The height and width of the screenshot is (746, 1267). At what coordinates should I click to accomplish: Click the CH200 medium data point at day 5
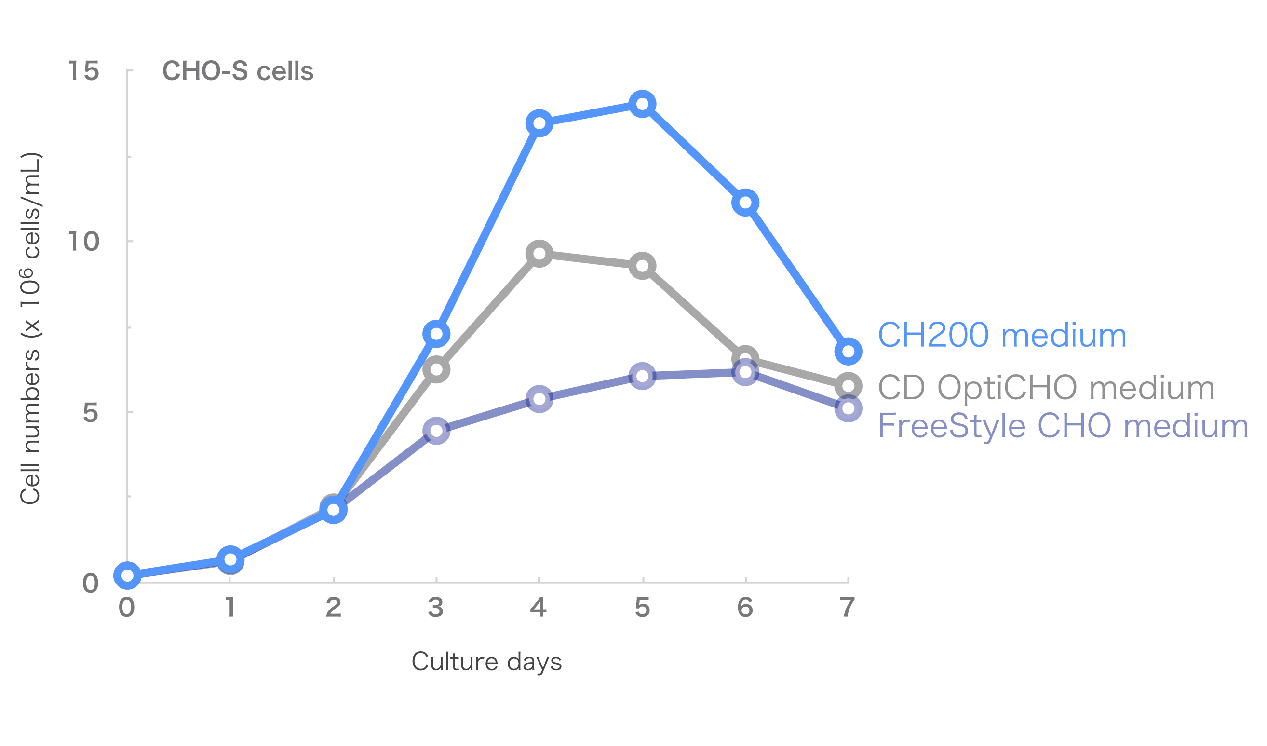[642, 104]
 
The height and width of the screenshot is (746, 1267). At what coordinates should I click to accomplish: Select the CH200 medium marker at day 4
[539, 123]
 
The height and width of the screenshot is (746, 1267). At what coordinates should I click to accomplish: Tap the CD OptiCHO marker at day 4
[539, 254]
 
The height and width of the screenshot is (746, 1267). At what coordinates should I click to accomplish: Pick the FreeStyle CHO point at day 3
[436, 431]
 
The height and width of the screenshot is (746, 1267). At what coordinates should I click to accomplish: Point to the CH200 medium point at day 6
[745, 203]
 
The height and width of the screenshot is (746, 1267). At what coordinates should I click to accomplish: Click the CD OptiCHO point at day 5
[642, 266]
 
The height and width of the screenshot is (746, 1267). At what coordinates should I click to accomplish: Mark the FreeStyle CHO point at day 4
[539, 399]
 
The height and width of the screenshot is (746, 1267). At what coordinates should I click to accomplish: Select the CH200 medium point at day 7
[848, 351]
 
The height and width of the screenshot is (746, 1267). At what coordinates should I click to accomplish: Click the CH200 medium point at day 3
[436, 334]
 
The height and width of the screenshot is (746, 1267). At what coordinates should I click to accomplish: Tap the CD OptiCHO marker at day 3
[436, 369]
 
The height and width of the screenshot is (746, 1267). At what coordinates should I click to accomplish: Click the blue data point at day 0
[128, 575]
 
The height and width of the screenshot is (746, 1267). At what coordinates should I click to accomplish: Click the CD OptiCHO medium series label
[1046, 388]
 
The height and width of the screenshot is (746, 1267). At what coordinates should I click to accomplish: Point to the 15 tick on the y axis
[83, 70]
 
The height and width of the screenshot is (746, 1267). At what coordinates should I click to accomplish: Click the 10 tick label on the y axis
[83, 242]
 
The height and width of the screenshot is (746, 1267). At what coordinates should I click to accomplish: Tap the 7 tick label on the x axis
[848, 608]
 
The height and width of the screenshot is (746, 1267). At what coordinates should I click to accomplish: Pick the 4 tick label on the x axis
[539, 608]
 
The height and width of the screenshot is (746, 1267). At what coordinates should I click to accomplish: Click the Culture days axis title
[486, 662]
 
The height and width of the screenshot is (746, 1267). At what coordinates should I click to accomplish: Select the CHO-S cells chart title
[238, 71]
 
